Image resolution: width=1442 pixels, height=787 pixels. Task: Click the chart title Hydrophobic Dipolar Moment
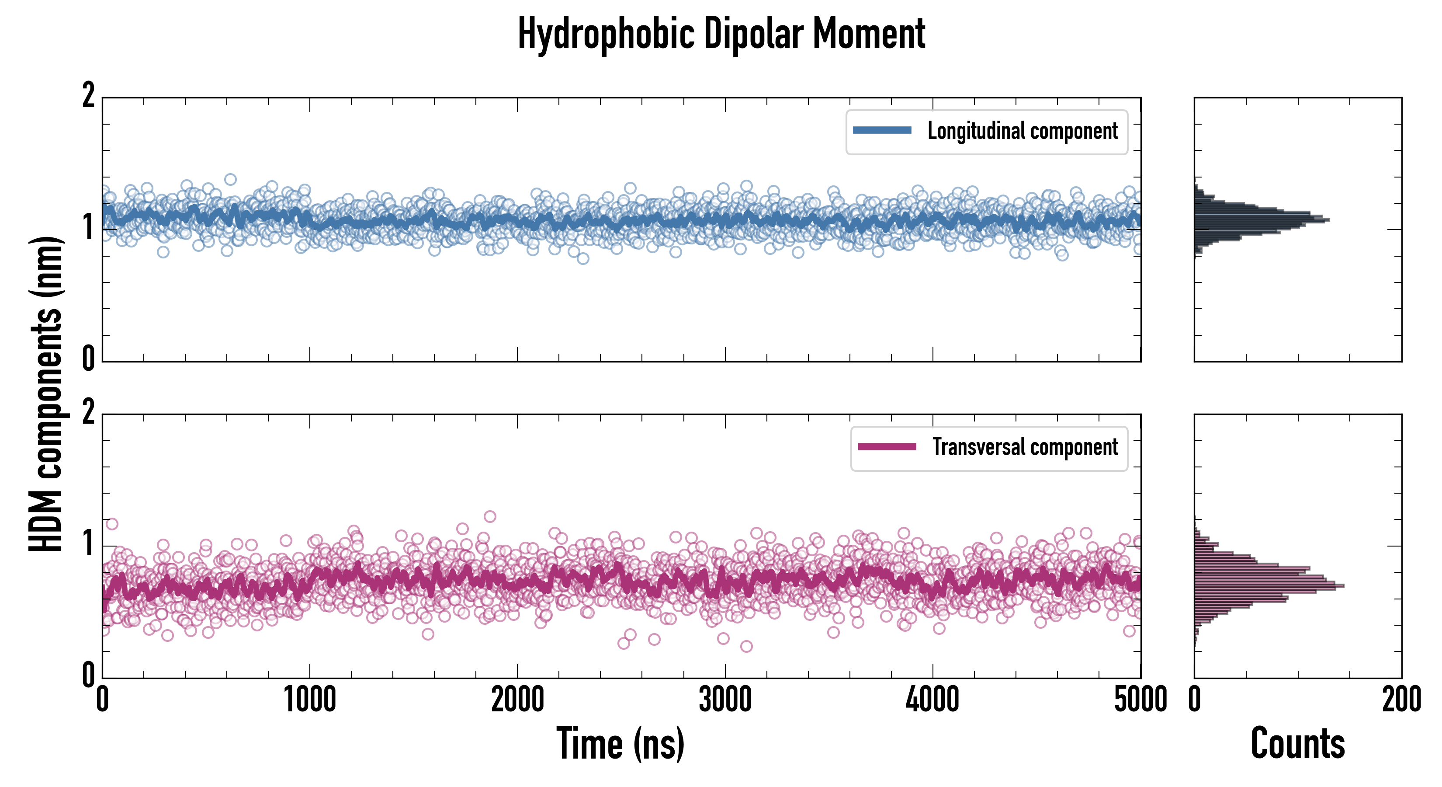point(721,34)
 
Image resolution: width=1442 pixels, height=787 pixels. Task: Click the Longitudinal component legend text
point(1022,131)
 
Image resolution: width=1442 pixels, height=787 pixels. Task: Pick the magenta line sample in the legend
point(887,447)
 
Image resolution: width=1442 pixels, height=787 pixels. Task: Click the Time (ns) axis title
point(620,744)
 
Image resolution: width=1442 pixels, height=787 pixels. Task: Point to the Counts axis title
point(1297,744)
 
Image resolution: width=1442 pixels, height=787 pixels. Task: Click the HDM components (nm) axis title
point(46,394)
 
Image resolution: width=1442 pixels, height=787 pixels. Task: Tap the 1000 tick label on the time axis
point(309,700)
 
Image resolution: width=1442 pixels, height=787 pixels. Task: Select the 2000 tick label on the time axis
point(517,700)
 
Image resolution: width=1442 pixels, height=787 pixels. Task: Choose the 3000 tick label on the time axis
point(725,700)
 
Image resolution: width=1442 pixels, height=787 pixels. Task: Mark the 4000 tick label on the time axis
point(932,700)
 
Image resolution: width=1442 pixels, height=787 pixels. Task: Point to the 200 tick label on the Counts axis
point(1401,700)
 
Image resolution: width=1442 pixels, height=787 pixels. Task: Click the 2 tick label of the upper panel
point(88,96)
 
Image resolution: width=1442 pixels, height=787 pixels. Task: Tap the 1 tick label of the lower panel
point(88,544)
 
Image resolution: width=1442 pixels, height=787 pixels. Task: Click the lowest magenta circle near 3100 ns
point(746,646)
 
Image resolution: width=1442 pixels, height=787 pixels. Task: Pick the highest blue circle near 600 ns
point(231,179)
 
